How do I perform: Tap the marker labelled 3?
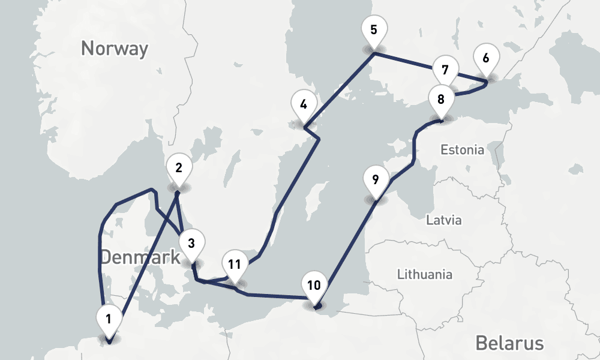(x=191, y=244)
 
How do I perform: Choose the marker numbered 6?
(x=485, y=58)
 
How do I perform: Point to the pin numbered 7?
(x=445, y=70)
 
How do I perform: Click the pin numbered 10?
(x=314, y=285)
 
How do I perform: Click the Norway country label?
(x=115, y=49)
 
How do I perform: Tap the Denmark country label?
(x=140, y=257)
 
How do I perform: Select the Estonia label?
(x=462, y=150)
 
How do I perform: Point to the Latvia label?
(x=444, y=220)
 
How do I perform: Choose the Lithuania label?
(x=425, y=275)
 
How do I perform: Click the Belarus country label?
(x=509, y=343)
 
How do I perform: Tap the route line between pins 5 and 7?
(x=403, y=60)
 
